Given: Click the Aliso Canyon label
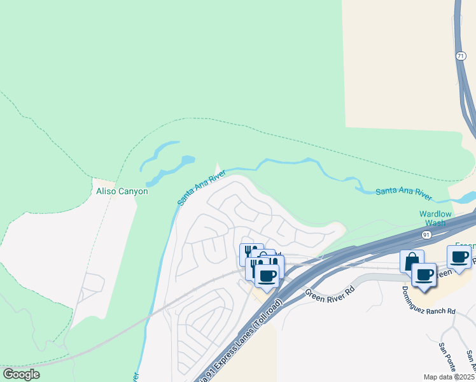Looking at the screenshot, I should coord(122,191).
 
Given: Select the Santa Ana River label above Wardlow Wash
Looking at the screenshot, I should coord(403,191).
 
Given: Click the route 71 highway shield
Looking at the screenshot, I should coord(460,57).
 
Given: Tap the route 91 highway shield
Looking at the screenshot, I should coord(426,235).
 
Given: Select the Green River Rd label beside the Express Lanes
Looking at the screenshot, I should coord(329,294).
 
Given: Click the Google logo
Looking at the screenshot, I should coord(21,374).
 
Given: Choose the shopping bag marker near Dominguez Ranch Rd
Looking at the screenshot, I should coord(412,261).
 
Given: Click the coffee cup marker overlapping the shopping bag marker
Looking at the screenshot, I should coord(424,275).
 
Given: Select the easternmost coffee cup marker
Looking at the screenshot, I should coord(459,257).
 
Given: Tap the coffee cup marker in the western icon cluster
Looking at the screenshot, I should coord(267,276).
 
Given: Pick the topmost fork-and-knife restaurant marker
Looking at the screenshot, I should coord(251,253).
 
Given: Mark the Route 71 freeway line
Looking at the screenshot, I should coord(466,95).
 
